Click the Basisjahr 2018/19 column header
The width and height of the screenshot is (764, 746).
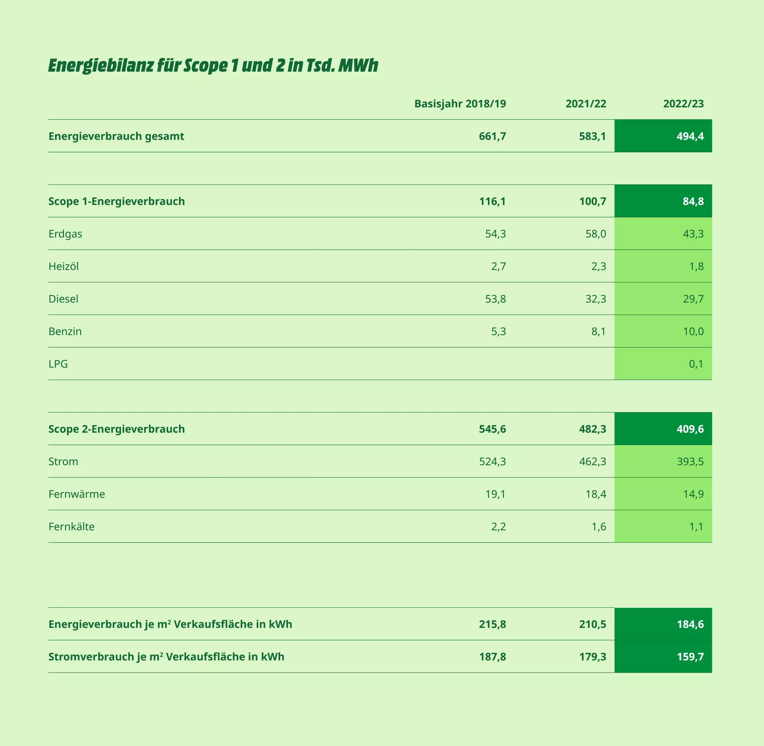click(x=460, y=104)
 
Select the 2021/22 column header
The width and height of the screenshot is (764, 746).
click(x=586, y=104)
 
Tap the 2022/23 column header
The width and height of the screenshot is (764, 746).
click(x=683, y=104)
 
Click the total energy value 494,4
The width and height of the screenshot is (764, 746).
click(x=690, y=137)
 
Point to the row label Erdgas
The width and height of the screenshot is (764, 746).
click(x=65, y=234)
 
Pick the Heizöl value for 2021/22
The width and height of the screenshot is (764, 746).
click(x=598, y=266)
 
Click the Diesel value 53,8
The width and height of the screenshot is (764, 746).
click(x=495, y=299)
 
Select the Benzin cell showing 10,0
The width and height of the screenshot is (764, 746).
click(x=693, y=332)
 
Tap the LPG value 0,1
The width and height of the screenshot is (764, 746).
click(x=696, y=364)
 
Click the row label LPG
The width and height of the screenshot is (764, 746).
click(x=58, y=364)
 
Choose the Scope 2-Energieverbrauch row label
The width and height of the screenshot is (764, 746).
click(x=117, y=429)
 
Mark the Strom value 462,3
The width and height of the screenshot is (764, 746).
click(x=592, y=462)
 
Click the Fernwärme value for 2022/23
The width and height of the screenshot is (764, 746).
click(x=693, y=494)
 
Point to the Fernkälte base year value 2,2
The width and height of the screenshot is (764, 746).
click(x=498, y=527)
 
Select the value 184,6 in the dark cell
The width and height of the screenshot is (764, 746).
click(x=690, y=624)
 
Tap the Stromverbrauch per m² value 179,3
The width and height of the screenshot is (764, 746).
click(x=592, y=657)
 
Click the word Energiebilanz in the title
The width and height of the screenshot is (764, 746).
click(x=101, y=66)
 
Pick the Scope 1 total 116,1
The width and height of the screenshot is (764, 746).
click(x=492, y=201)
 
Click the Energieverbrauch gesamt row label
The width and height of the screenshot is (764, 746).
click(x=116, y=137)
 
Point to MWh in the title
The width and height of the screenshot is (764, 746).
click(x=358, y=65)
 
